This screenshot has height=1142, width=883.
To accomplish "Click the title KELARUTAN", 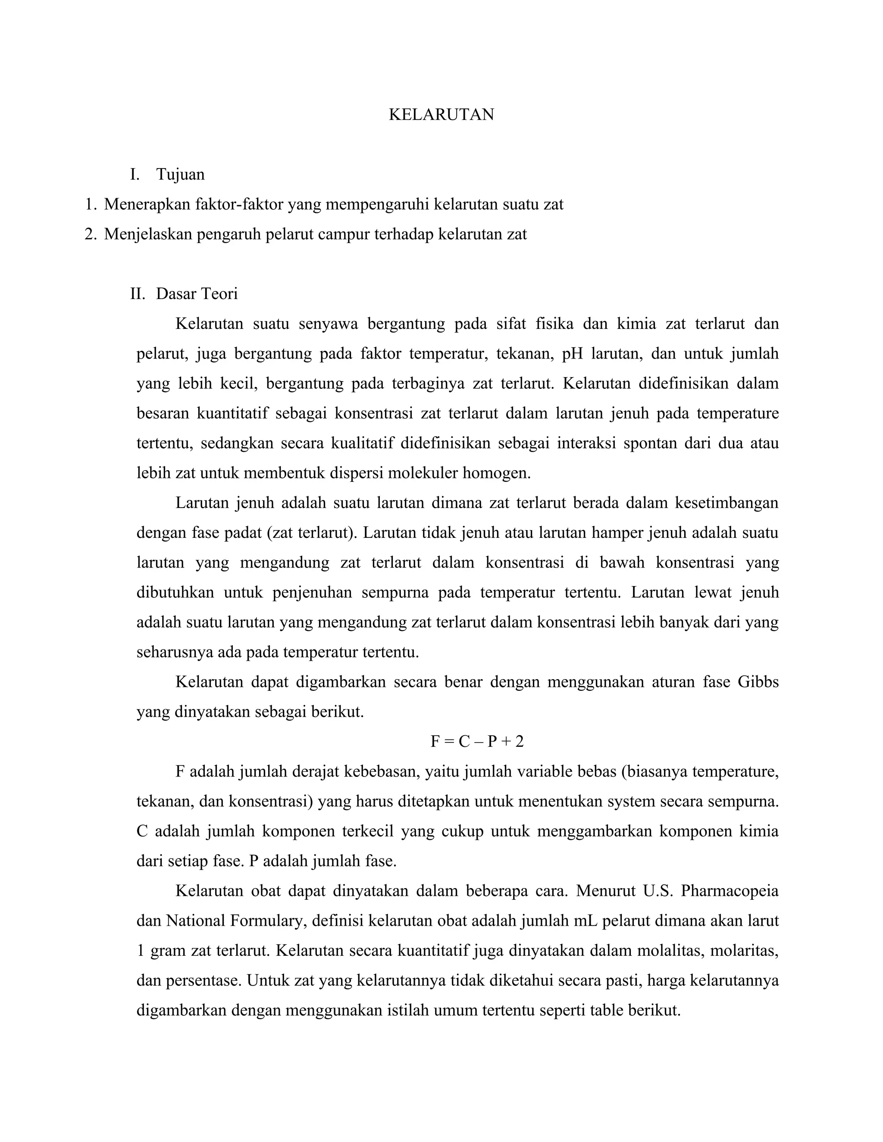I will point(441,115).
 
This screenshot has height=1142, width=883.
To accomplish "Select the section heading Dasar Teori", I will point(197,294).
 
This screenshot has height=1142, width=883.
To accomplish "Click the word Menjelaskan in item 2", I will point(149,234).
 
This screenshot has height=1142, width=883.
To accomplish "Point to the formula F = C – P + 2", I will point(476,741).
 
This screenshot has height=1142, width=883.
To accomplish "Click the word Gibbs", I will point(758,682).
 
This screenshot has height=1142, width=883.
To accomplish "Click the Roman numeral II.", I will point(137,294).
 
